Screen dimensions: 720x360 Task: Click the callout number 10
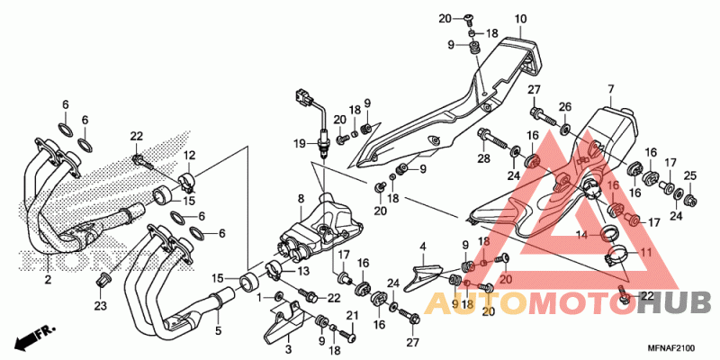(x=520, y=19)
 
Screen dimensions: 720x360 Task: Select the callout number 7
(x=611, y=87)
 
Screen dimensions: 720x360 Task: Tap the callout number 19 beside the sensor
(x=301, y=144)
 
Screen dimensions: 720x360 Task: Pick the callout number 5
(x=219, y=330)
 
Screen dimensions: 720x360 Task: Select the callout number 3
(x=288, y=349)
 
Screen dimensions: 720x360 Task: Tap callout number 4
(x=422, y=247)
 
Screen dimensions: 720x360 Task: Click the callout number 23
(x=101, y=305)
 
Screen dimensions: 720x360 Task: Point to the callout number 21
(x=352, y=315)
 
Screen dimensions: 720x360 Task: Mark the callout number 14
(x=582, y=236)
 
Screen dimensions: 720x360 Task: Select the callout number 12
(x=190, y=154)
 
